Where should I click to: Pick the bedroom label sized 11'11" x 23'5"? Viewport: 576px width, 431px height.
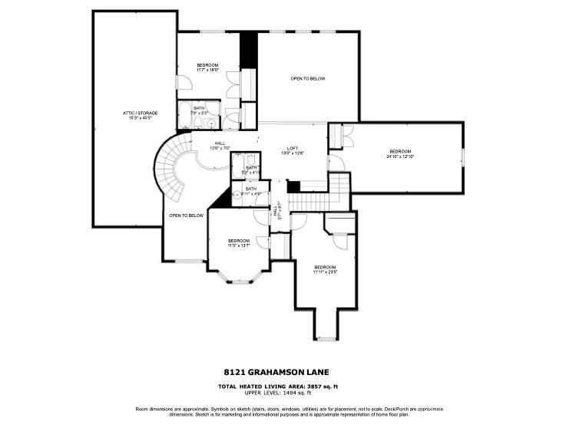[x=325, y=268]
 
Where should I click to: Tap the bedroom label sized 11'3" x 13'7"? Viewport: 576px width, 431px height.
[x=239, y=243]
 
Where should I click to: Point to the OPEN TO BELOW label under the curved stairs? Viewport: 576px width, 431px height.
[x=186, y=215]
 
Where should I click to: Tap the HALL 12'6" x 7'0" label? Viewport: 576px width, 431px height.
[x=220, y=145]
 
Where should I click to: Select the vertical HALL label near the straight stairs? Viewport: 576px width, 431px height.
[x=276, y=214]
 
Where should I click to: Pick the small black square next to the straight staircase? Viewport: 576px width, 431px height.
[x=293, y=187]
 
